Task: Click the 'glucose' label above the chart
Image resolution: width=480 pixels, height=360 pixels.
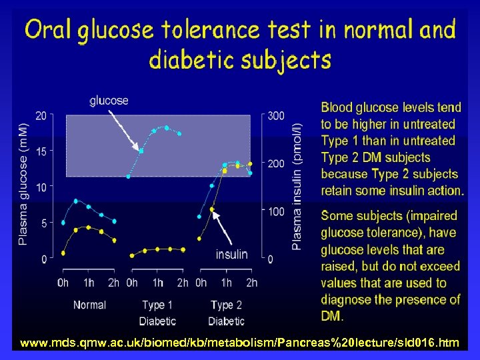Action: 109,101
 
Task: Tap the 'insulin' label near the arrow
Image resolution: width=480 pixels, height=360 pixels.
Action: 231,254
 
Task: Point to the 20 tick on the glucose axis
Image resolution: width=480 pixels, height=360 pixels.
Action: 41,115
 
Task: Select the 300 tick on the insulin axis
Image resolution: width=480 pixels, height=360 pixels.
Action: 275,115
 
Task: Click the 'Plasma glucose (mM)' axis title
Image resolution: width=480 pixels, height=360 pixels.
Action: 23,184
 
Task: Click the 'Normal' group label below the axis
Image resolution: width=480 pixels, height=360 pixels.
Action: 89,305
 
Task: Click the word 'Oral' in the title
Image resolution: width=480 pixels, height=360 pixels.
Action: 47,30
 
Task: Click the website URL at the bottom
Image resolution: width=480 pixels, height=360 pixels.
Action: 239,343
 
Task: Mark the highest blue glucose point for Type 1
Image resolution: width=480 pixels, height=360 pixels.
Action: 167,127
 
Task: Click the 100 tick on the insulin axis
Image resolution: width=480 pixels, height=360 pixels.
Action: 275,211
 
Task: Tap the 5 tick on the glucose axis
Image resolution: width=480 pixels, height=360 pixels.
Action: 43,223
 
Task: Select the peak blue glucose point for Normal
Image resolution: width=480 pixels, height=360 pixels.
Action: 76,201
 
